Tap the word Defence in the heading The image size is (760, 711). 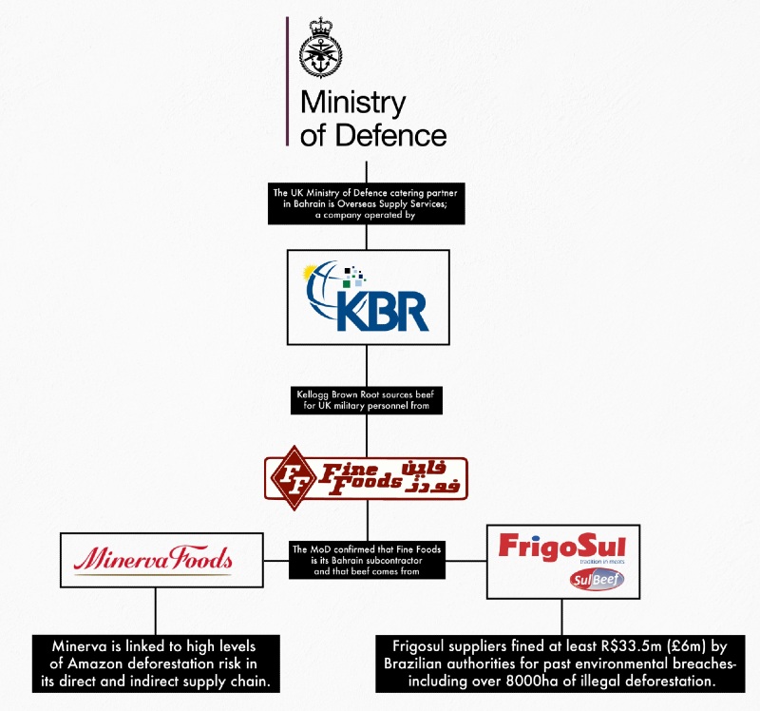[x=388, y=134]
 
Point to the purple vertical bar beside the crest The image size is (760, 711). [x=287, y=81]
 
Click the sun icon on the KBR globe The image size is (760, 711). [x=311, y=273]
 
